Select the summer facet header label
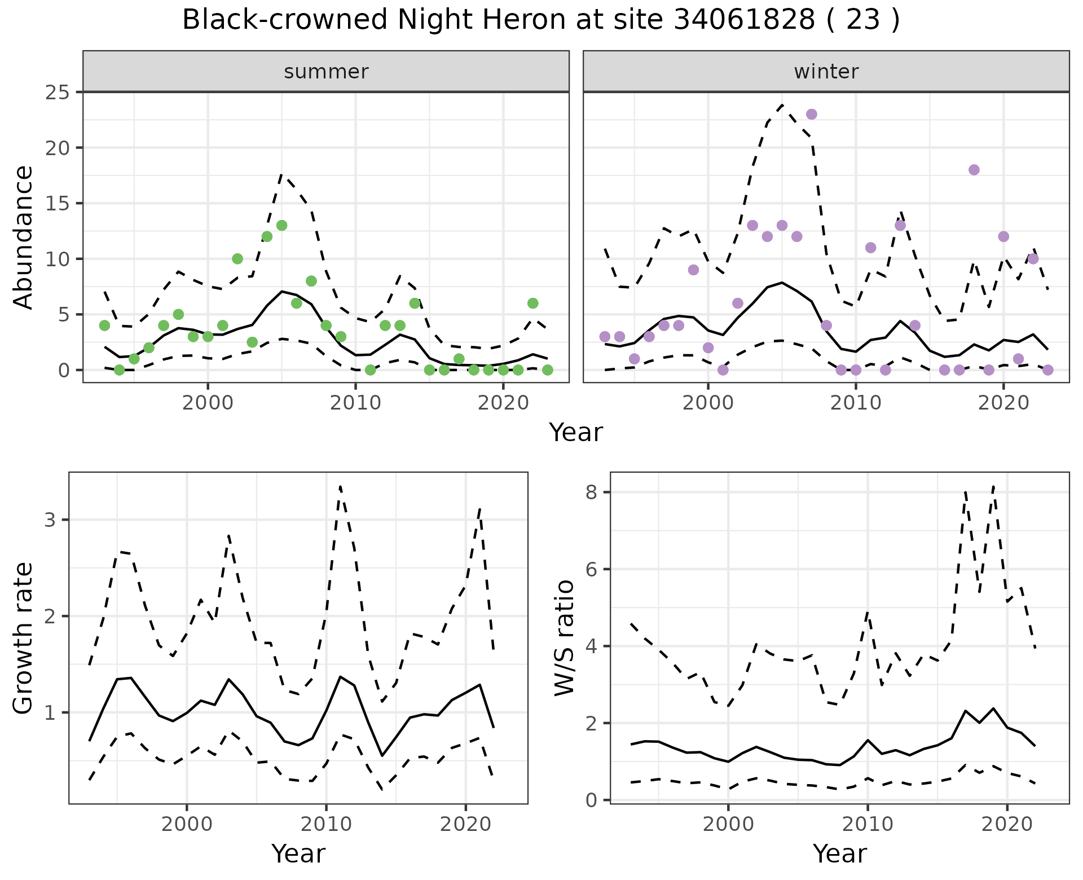click(326, 72)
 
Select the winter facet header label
click(826, 72)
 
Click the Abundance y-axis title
click(24, 237)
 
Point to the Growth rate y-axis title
click(24, 639)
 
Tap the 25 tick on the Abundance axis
click(56, 92)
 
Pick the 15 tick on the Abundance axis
click(56, 204)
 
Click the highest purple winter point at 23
click(812, 115)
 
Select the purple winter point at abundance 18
click(974, 170)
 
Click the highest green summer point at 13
click(282, 226)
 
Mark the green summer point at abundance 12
click(267, 237)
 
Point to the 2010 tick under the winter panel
click(856, 403)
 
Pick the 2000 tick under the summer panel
click(208, 403)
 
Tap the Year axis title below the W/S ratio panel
click(839, 854)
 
